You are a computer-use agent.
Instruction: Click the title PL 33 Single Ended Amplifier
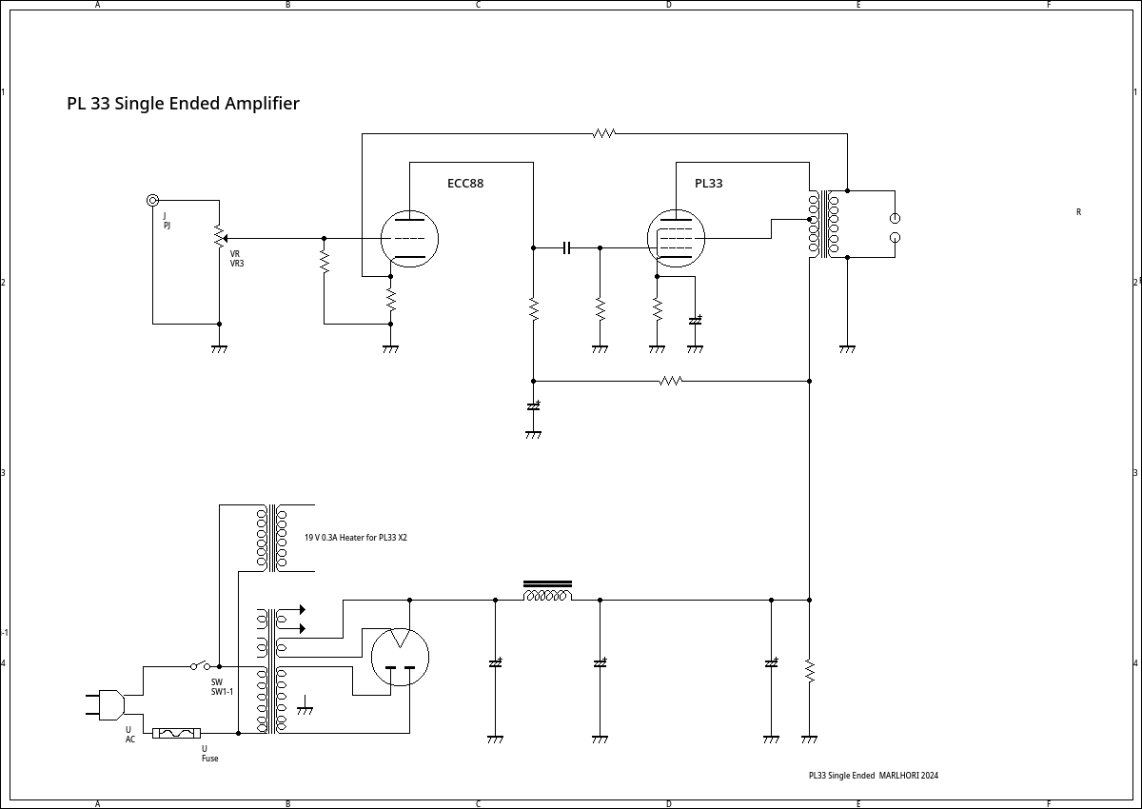point(183,104)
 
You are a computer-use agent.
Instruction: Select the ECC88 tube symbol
point(409,238)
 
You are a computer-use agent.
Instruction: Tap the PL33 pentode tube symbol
point(676,238)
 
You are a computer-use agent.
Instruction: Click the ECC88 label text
point(465,184)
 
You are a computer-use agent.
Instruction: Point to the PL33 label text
point(708,184)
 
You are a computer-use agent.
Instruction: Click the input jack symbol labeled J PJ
point(152,200)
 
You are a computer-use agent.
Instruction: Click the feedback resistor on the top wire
point(604,134)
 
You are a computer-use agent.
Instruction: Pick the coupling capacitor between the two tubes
point(566,247)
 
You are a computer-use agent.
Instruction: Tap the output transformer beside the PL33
point(823,225)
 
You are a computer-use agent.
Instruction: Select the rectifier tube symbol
point(400,657)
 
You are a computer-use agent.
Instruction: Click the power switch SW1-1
point(201,665)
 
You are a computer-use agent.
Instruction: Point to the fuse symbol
point(176,733)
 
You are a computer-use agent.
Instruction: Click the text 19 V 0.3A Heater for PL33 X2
point(355,538)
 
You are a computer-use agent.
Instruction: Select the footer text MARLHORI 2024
point(908,776)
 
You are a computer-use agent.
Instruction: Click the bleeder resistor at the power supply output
point(809,672)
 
